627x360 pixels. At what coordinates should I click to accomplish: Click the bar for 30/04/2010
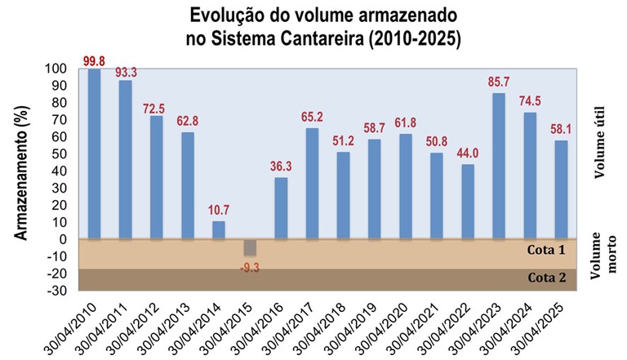(x=95, y=154)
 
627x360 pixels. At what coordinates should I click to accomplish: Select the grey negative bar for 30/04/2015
(x=250, y=247)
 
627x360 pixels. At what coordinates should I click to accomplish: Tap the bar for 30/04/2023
(x=498, y=167)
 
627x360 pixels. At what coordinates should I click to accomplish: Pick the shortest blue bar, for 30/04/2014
(x=219, y=230)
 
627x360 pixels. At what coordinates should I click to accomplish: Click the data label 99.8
(x=96, y=60)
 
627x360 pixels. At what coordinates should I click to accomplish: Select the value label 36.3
(x=281, y=166)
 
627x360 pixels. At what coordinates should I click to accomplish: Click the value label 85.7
(x=498, y=82)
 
